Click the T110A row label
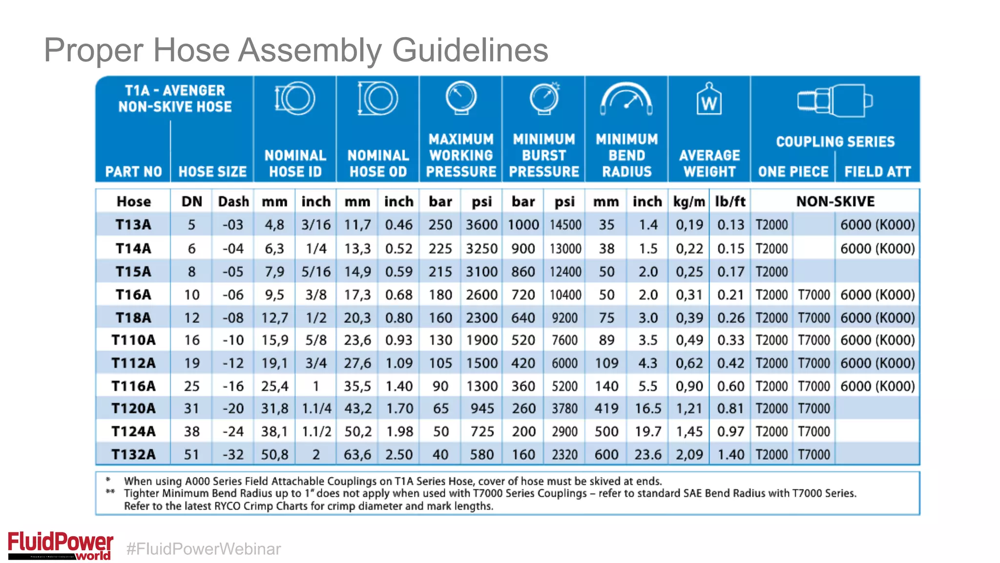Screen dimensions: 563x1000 [x=133, y=340]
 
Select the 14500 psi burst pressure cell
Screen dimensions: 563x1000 [x=565, y=225]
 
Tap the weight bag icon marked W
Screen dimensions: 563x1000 [x=709, y=100]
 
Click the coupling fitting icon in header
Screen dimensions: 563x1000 [x=835, y=101]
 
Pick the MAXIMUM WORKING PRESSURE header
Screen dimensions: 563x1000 [x=461, y=155]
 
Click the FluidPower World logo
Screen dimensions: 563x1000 [x=61, y=545]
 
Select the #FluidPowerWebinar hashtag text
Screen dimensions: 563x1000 [x=204, y=549]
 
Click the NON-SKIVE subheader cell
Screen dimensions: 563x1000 [x=835, y=201]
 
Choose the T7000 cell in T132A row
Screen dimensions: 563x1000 [x=813, y=455]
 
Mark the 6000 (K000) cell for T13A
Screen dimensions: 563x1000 [x=877, y=225]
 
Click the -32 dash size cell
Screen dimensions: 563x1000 [x=233, y=455]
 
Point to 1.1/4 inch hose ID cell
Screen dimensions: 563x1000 [x=316, y=409]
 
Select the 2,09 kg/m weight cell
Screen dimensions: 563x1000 [x=689, y=455]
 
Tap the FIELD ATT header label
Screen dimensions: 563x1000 [x=877, y=172]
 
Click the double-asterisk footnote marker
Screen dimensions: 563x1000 [x=110, y=492]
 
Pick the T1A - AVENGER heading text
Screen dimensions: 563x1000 [x=175, y=91]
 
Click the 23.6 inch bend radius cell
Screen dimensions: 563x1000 [x=647, y=455]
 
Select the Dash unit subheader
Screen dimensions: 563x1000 [x=233, y=201]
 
